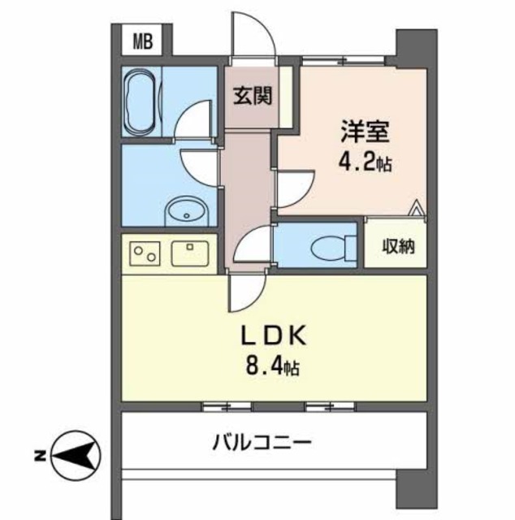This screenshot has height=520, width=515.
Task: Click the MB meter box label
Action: click(141, 41)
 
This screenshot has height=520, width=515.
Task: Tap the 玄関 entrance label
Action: click(253, 96)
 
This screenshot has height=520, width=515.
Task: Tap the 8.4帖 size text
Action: click(272, 370)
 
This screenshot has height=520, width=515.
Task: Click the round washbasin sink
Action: click(187, 214)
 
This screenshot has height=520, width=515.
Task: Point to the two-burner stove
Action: click(145, 253)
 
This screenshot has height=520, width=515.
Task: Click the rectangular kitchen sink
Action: click(191, 253)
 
